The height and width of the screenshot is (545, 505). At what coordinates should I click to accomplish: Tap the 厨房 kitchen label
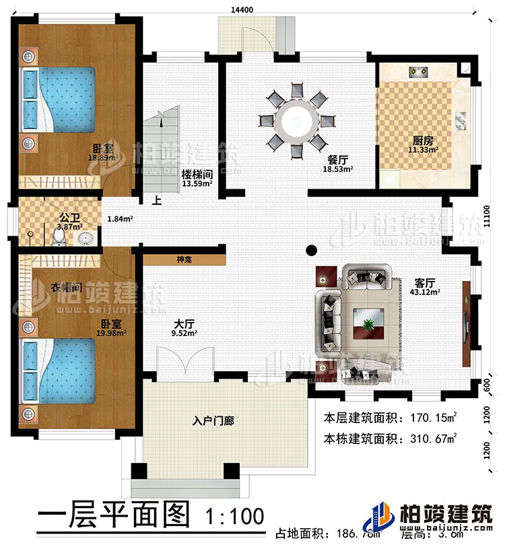coord(423,141)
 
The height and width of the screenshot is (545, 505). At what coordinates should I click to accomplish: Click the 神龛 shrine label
coord(184,259)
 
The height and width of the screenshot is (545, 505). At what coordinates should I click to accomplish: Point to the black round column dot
coord(310,251)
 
